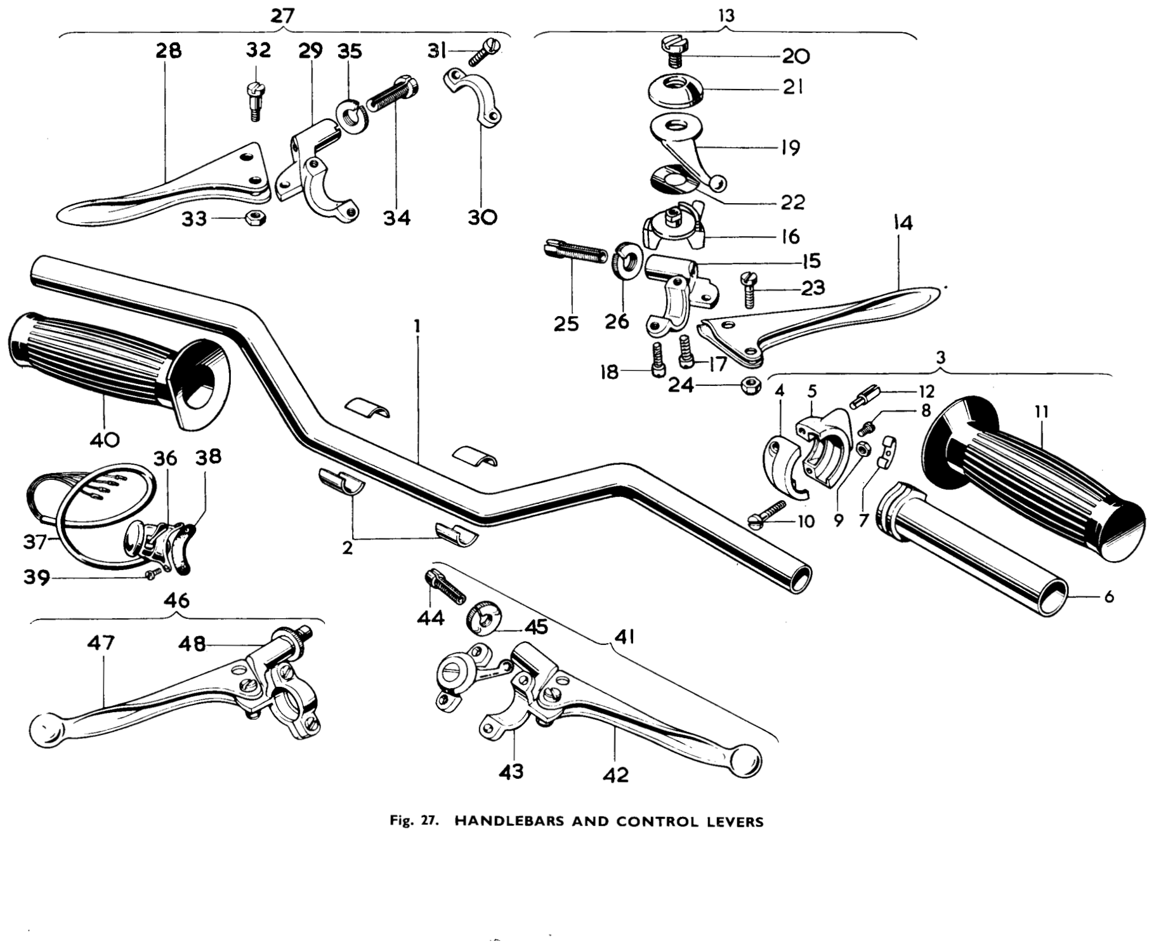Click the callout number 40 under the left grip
point(105,439)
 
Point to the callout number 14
point(903,223)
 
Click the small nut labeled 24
point(750,386)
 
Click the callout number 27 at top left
point(282,16)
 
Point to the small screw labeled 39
point(152,574)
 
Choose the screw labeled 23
point(752,289)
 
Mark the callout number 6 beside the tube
point(1109,597)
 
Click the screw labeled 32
point(254,101)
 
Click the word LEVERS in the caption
point(735,821)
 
